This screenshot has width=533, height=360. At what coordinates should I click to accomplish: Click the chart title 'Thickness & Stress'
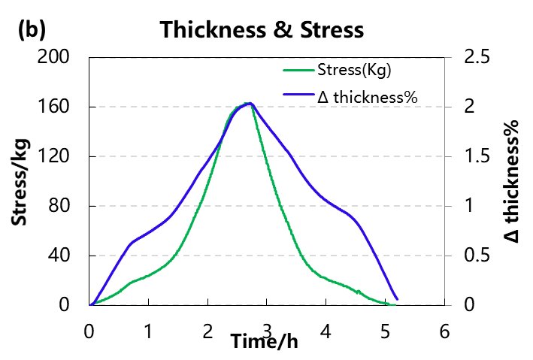pos(262,30)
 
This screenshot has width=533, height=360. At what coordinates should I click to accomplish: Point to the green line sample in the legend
pos(299,72)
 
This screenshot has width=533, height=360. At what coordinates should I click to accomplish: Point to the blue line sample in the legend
pos(299,97)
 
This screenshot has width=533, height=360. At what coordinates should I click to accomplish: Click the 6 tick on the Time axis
pos(444,331)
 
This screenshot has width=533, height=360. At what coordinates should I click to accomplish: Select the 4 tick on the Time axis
pos(326,331)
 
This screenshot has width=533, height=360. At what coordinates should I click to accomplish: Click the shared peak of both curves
pos(249,104)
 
